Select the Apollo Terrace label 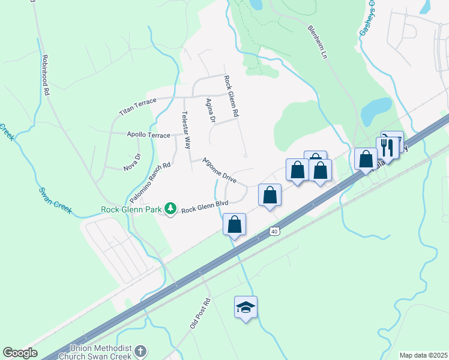pos(149,136)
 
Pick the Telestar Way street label pos(186,130)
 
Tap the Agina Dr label pos(210,111)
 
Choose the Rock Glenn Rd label pos(231,95)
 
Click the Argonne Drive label pos(219,170)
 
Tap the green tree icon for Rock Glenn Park pos(171,209)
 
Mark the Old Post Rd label pos(199,313)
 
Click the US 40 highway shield pos(274,231)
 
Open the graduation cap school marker pos(246,307)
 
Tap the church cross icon pos(140,351)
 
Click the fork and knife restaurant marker pos(388,148)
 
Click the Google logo pos(20,353)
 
